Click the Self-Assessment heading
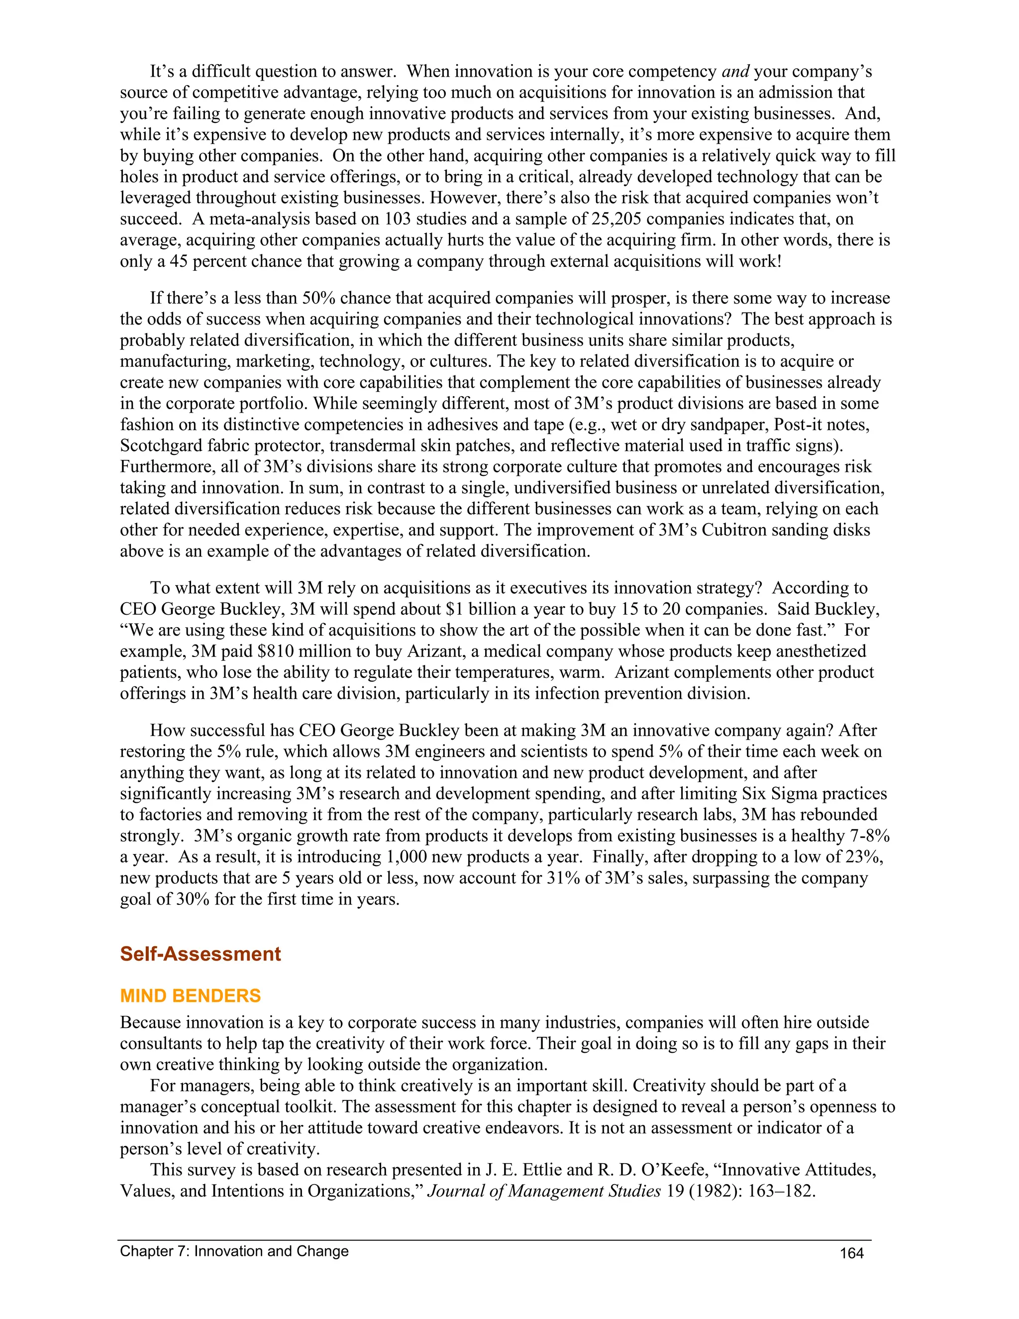tap(201, 954)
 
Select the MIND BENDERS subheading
tap(190, 996)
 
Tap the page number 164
tap(852, 1253)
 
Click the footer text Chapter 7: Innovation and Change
tap(234, 1251)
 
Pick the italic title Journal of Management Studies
tap(544, 1192)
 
